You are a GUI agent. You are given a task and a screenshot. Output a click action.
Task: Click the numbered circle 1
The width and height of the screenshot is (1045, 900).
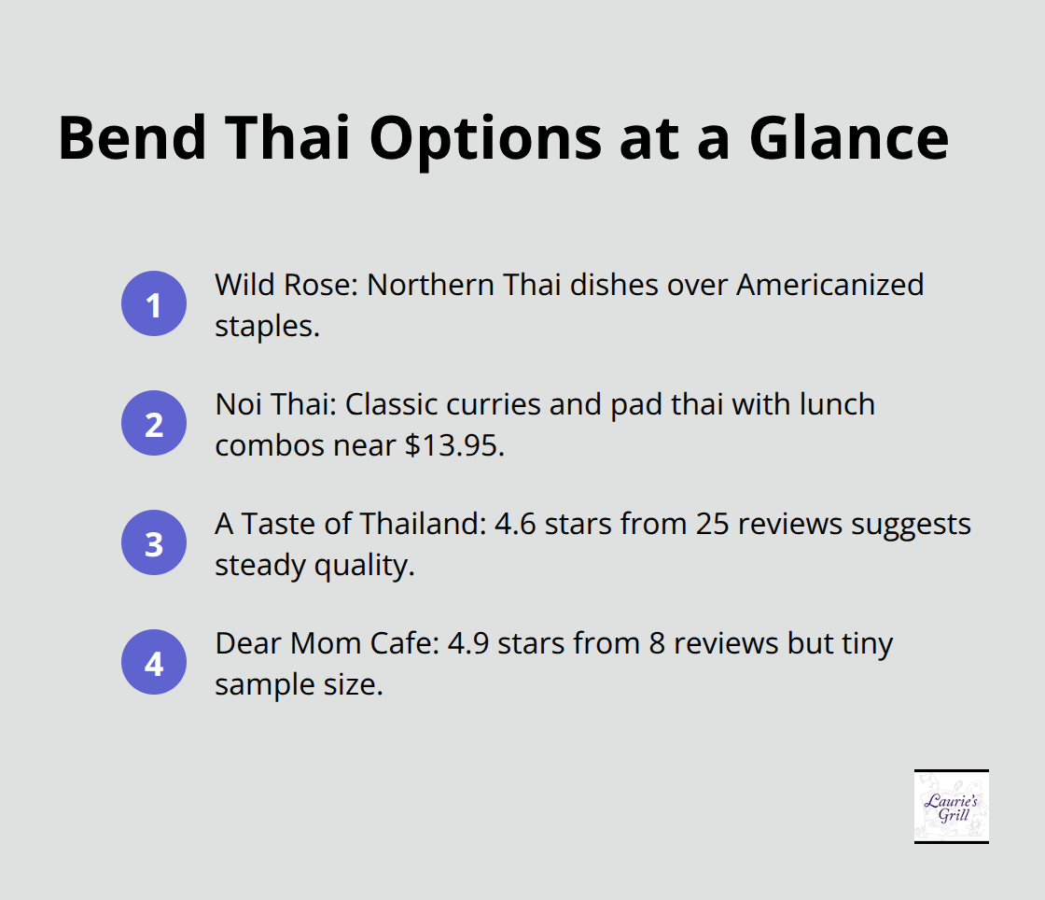point(154,303)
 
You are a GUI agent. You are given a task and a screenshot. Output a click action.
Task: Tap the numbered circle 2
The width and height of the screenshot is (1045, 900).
point(154,423)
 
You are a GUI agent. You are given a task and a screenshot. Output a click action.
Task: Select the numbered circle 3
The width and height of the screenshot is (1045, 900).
point(154,542)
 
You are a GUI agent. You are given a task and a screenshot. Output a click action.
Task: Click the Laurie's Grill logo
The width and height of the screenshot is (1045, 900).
point(951,806)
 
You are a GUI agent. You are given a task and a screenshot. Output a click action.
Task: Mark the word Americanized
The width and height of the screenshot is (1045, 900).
point(829,285)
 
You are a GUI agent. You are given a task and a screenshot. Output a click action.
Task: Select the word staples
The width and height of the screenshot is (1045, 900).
point(267,327)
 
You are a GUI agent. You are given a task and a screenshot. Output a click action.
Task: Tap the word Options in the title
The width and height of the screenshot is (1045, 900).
point(484,137)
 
